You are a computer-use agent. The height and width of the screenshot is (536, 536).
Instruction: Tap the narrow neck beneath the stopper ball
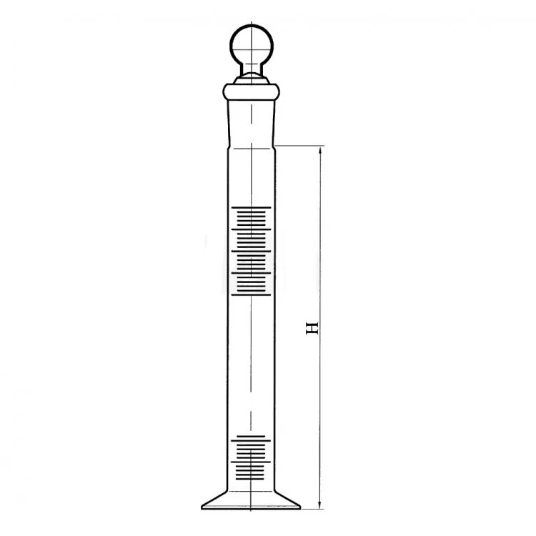[x=252, y=69]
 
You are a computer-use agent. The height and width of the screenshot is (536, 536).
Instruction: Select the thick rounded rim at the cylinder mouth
[x=252, y=91]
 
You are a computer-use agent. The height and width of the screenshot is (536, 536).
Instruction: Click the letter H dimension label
[x=312, y=328]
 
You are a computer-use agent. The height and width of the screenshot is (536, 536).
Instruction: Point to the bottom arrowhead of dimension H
[x=320, y=504]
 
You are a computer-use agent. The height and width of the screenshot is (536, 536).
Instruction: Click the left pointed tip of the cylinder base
[x=202, y=507]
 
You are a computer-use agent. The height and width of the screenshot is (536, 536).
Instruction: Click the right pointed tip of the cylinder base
[x=300, y=507]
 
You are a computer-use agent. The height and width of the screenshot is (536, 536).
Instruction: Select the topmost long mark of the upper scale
[x=251, y=207]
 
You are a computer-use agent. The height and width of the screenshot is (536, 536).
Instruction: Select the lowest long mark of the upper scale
[x=251, y=294]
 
